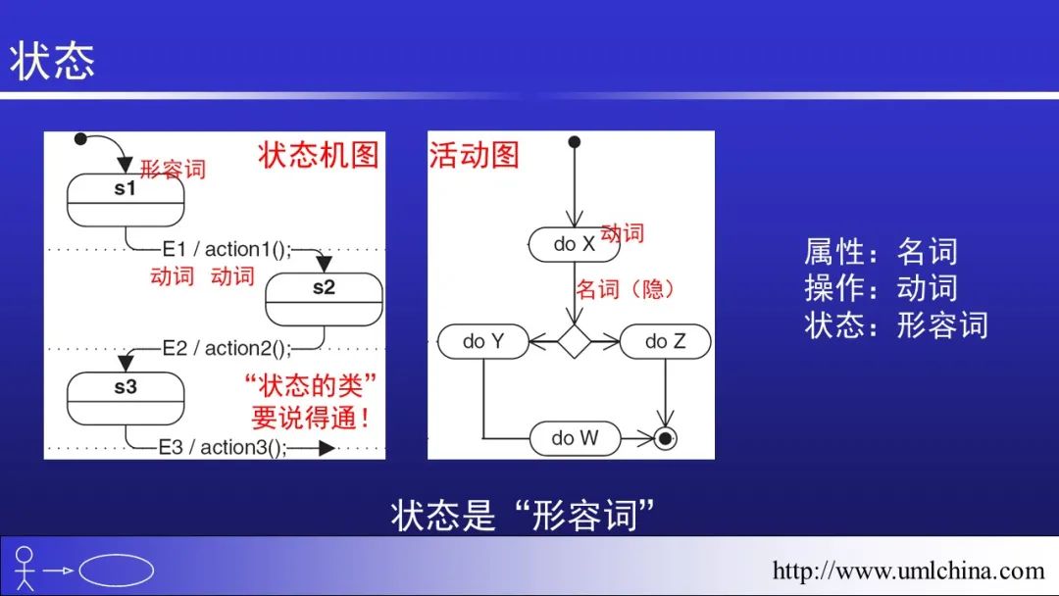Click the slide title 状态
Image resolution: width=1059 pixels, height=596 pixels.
tap(53, 61)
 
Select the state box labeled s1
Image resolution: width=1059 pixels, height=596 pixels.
tap(126, 200)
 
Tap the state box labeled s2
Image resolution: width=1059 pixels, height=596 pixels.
tap(324, 298)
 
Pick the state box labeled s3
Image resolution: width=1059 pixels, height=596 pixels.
tap(126, 398)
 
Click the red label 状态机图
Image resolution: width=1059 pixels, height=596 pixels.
tap(319, 155)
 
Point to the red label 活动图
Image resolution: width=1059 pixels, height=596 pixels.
tap(474, 155)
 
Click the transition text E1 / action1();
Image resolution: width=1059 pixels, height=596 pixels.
tap(227, 250)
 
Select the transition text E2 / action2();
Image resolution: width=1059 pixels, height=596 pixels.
tap(227, 348)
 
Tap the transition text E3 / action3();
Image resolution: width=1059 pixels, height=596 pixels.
tap(224, 447)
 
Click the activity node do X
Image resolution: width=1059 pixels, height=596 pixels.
tap(574, 244)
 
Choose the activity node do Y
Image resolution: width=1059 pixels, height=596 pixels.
tap(483, 341)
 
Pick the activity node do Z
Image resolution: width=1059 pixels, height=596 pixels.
tap(665, 341)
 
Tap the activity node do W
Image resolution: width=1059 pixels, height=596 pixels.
tap(575, 438)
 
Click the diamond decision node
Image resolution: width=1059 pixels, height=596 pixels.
tap(574, 341)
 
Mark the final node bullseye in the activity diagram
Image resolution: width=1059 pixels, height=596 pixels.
tap(666, 438)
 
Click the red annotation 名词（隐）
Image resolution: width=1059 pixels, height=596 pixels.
tap(625, 289)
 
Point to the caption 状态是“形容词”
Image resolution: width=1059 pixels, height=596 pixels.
tap(523, 514)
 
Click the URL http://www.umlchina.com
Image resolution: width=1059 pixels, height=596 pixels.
tap(908, 571)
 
